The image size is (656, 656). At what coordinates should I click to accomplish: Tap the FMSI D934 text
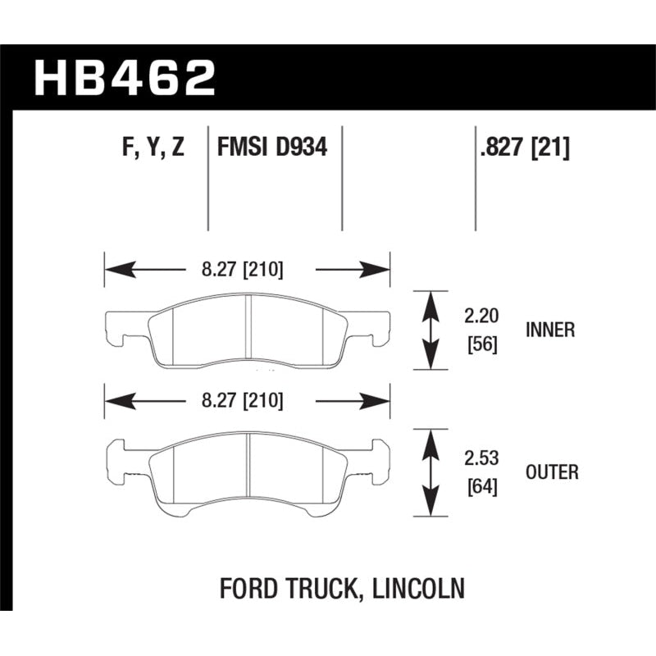(x=272, y=148)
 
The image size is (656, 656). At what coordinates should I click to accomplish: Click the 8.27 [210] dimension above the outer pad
(x=244, y=400)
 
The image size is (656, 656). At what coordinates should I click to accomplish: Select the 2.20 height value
(x=481, y=314)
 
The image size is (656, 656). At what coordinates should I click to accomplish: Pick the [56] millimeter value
(x=481, y=344)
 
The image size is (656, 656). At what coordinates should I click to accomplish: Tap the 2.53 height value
(x=481, y=458)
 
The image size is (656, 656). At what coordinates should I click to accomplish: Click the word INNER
(x=549, y=330)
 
